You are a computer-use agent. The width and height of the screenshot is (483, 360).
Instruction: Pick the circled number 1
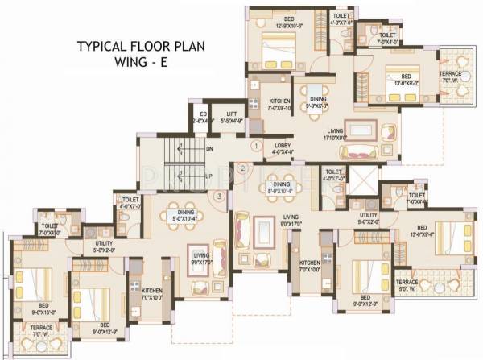tap(255, 147)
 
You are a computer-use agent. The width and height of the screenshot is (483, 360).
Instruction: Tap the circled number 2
tap(242, 168)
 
